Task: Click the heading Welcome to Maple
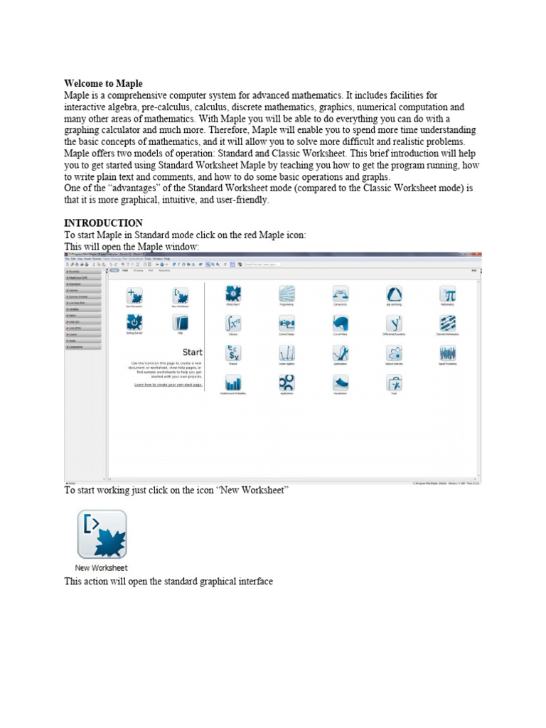(x=103, y=84)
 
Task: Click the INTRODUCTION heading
(x=103, y=223)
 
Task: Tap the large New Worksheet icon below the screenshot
(x=102, y=534)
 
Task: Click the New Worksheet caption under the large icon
(x=102, y=568)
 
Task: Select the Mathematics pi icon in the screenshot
(x=447, y=294)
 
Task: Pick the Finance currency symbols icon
(x=234, y=353)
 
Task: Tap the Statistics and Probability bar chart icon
(x=234, y=382)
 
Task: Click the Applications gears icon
(x=287, y=382)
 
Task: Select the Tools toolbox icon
(x=394, y=382)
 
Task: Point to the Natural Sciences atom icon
(x=394, y=353)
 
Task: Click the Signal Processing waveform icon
(x=447, y=353)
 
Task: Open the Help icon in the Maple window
(x=180, y=323)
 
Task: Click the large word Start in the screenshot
(x=192, y=352)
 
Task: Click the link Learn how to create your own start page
(x=168, y=384)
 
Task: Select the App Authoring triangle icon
(x=394, y=294)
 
